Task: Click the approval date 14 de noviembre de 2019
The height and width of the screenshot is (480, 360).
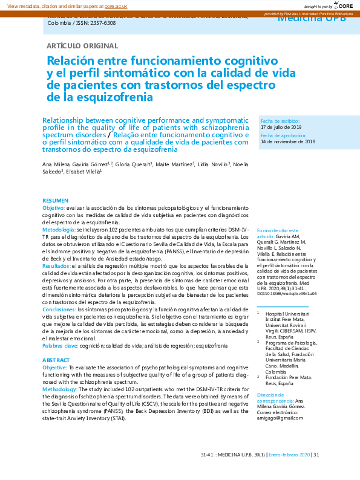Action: (x=288, y=141)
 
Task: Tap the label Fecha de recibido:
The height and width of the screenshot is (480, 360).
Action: (x=279, y=122)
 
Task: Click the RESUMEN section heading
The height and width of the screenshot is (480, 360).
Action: (x=55, y=200)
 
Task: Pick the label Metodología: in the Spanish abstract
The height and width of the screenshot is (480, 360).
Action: (x=59, y=230)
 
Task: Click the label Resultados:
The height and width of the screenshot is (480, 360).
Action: (x=57, y=265)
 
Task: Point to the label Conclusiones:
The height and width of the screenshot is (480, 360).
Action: (x=59, y=309)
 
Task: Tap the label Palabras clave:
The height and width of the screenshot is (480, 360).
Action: (x=60, y=345)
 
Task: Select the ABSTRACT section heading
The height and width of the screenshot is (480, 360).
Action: (x=56, y=360)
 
